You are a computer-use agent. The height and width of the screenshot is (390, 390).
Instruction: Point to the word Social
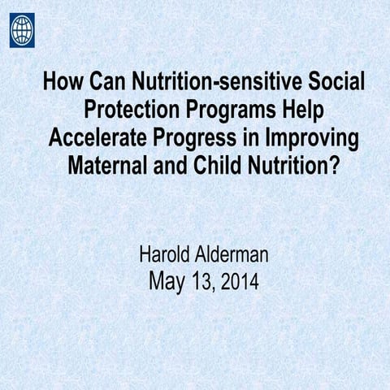click(x=333, y=83)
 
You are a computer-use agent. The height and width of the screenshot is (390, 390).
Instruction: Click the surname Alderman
click(x=236, y=258)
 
